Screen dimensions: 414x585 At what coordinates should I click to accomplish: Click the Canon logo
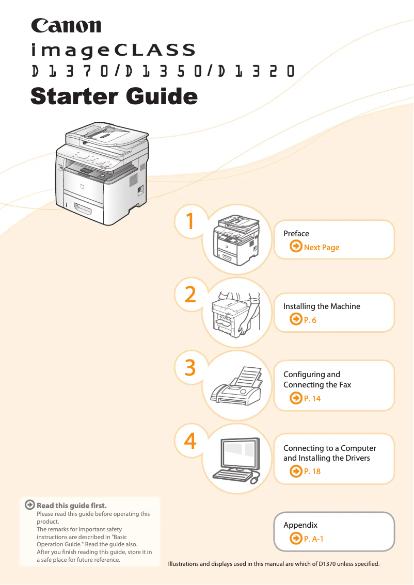point(66,26)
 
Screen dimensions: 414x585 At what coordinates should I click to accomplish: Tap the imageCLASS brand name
point(113,51)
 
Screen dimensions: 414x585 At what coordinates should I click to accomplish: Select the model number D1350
point(163,71)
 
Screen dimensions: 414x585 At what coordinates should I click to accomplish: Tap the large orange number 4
point(190,441)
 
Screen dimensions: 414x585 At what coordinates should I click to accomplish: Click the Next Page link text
point(322,247)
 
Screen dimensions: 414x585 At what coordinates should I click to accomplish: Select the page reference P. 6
point(310,320)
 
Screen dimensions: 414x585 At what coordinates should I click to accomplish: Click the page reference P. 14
point(312,398)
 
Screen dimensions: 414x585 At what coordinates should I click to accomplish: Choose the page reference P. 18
point(312,471)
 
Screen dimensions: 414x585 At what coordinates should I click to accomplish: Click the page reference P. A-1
point(313,539)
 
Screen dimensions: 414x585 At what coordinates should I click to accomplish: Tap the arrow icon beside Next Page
point(296,246)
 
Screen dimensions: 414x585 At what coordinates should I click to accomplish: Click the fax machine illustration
point(235,386)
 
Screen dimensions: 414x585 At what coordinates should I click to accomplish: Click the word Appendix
point(300,525)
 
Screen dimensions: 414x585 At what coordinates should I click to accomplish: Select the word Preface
point(296,234)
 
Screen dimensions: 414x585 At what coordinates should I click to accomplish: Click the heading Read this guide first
point(72,506)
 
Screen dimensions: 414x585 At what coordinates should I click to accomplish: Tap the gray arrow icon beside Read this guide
point(29,505)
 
